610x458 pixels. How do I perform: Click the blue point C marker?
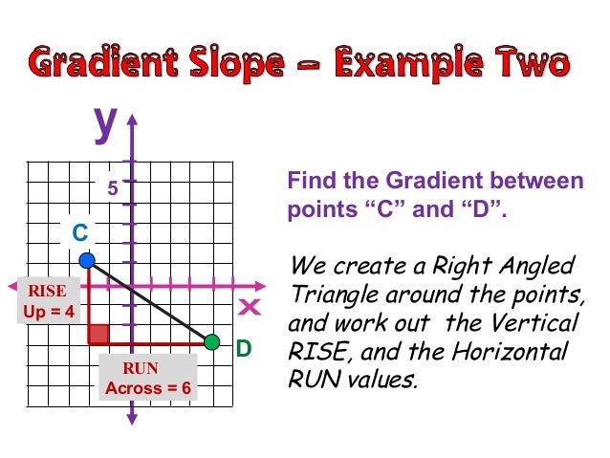[x=87, y=259]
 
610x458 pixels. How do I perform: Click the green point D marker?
[x=212, y=341]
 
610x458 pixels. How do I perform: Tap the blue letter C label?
[x=80, y=232]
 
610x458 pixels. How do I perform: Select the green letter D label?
[x=244, y=350]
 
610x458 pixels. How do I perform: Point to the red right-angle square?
[x=98, y=333]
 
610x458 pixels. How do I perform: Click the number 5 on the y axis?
[x=112, y=188]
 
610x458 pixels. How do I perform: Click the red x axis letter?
[x=250, y=307]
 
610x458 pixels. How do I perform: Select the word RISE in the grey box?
[x=45, y=291]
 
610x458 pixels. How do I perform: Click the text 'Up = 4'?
[x=47, y=312]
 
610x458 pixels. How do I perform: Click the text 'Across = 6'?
[x=148, y=388]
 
